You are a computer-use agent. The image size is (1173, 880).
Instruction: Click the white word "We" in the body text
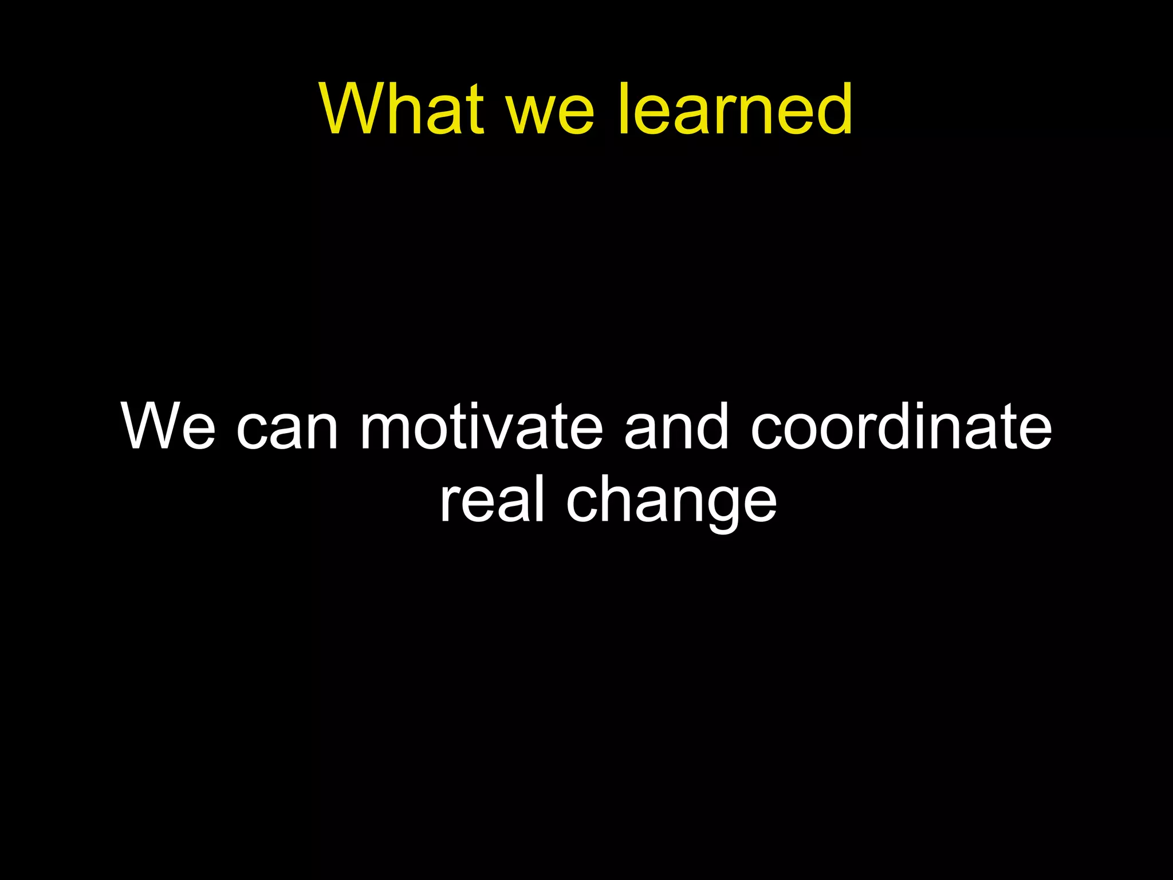coord(168,427)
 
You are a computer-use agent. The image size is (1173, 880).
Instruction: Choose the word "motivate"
coord(482,427)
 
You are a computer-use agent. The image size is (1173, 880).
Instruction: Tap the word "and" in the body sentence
coord(676,427)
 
